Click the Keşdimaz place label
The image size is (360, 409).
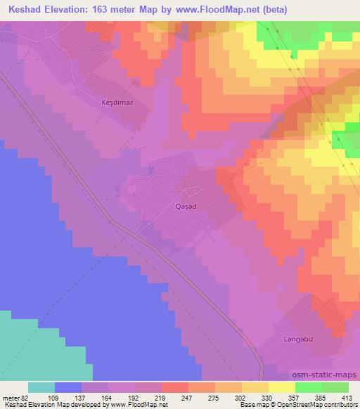pos(117,102)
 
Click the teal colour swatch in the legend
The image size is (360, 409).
pos(41,387)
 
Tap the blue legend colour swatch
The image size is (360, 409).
pos(68,387)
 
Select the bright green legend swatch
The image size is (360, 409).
pos(309,387)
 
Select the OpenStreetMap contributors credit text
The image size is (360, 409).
pos(321,405)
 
